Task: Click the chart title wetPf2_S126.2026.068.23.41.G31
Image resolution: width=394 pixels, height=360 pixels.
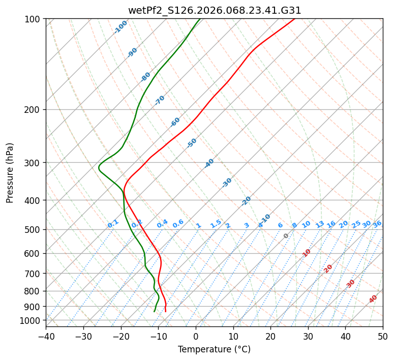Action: pyautogui.click(x=214, y=10)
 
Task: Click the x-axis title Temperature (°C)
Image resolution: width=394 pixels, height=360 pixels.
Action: pyautogui.click(x=214, y=350)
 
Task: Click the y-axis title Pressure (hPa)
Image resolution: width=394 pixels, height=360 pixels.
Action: pyautogui.click(x=10, y=172)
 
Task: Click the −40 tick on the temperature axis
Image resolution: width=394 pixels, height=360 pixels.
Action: pyautogui.click(x=46, y=336)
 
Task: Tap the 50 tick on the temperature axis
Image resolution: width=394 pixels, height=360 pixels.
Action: pyautogui.click(x=383, y=336)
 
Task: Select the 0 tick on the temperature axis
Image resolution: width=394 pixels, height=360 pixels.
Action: pyautogui.click(x=196, y=336)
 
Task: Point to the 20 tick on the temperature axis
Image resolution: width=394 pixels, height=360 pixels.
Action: pyautogui.click(x=270, y=336)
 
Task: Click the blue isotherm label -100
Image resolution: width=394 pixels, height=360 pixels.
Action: pyautogui.click(x=120, y=27)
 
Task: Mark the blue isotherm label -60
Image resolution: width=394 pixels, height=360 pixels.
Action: pyautogui.click(x=175, y=122)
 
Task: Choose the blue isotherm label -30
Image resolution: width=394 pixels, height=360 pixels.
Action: pyautogui.click(x=227, y=183)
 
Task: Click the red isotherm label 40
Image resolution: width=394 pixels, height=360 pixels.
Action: pyautogui.click(x=373, y=299)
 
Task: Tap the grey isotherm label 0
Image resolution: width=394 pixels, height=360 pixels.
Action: pyautogui.click(x=286, y=236)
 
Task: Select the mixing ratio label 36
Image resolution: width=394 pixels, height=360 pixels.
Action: pyautogui.click(x=377, y=224)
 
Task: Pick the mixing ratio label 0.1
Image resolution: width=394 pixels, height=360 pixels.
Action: pyautogui.click(x=113, y=224)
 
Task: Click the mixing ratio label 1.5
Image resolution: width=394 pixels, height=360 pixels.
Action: pyautogui.click(x=216, y=224)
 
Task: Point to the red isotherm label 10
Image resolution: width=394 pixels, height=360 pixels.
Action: pyautogui.click(x=307, y=253)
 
